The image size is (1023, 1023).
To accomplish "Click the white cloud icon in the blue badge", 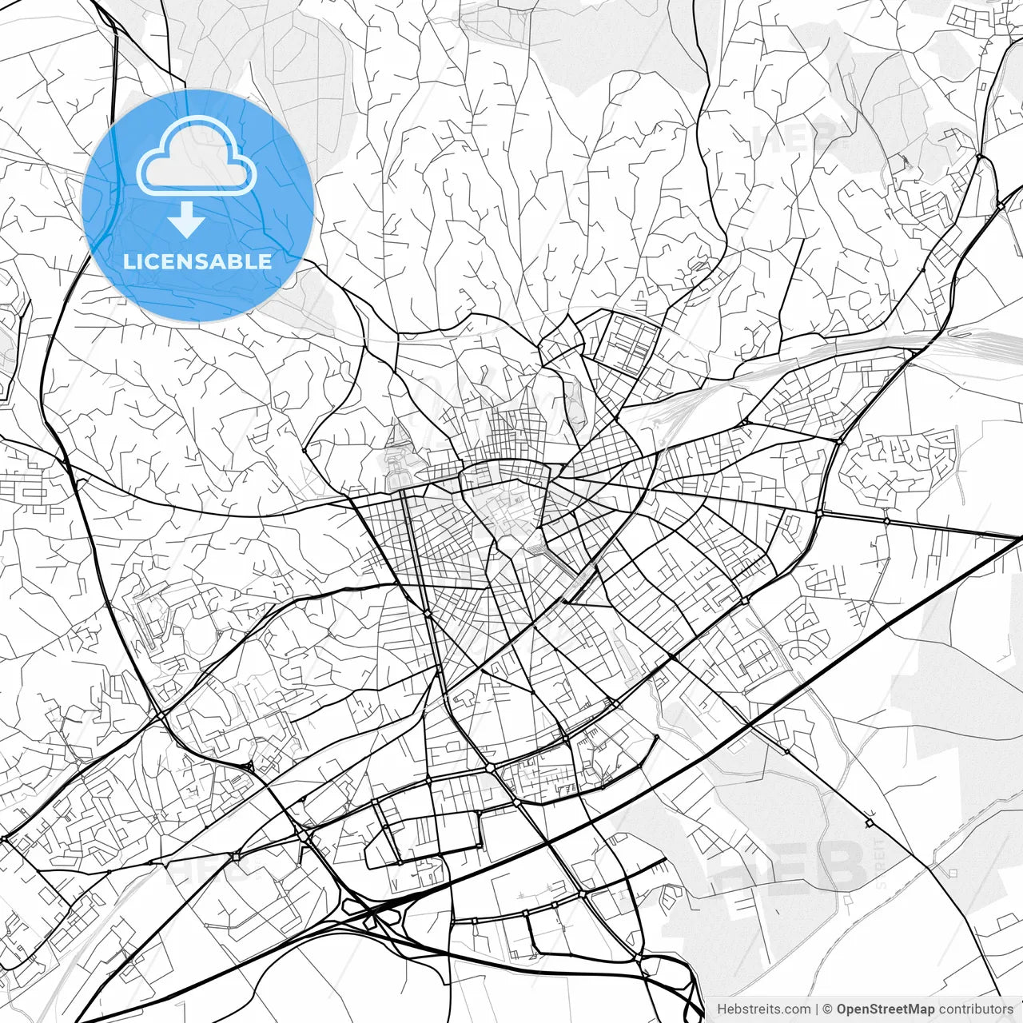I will click(197, 156).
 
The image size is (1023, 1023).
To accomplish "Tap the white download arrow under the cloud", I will click(186, 219).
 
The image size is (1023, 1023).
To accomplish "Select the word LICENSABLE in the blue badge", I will click(197, 261).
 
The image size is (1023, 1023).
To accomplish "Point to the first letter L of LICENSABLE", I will click(129, 261).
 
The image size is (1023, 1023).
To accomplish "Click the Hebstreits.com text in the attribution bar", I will click(763, 1009).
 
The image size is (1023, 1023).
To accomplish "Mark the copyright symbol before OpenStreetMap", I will click(828, 1009).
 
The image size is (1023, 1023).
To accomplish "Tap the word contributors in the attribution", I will click(976, 1009).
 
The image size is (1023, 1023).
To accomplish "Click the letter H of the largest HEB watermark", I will click(739, 866).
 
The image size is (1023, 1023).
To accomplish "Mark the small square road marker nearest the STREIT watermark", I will click(869, 822).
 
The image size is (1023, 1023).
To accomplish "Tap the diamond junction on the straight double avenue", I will click(428, 613).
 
